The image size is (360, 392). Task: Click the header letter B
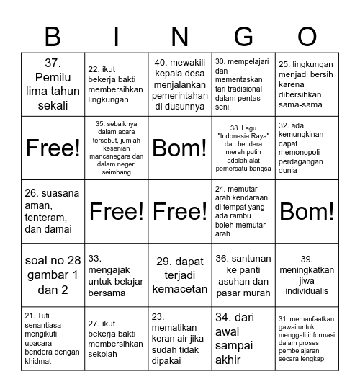click(53, 35)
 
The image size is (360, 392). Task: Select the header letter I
click(117, 35)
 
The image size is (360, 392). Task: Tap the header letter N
click(180, 35)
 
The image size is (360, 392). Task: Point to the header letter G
click(243, 35)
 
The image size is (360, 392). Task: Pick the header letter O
click(307, 35)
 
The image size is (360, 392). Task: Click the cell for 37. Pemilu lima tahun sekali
click(53, 85)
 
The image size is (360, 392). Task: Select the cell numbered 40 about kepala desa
click(180, 85)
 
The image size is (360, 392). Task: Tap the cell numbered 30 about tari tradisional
click(243, 85)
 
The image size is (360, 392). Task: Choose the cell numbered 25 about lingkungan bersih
click(307, 85)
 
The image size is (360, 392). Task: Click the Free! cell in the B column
click(53, 148)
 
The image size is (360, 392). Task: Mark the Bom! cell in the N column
click(180, 148)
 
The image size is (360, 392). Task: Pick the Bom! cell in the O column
click(307, 212)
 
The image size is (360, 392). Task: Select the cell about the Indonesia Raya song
click(243, 148)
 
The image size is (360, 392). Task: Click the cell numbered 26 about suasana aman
click(53, 212)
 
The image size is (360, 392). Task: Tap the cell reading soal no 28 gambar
click(53, 275)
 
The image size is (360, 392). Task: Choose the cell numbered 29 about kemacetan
click(180, 275)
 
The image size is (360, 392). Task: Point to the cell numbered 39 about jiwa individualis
click(307, 275)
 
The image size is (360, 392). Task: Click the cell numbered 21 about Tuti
click(53, 339)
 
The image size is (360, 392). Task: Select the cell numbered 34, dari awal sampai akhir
click(243, 339)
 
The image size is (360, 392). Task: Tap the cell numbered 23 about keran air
click(180, 339)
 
